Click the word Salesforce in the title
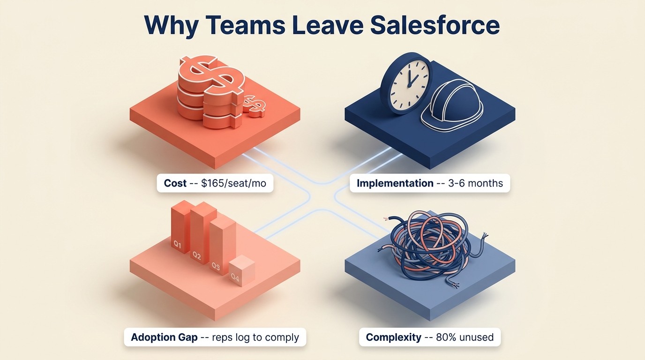(x=435, y=25)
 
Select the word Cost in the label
(x=175, y=183)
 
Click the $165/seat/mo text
(x=233, y=183)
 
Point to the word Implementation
(x=395, y=183)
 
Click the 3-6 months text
(x=473, y=183)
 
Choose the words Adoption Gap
(x=164, y=337)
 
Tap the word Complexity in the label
(x=393, y=337)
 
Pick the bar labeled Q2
(x=200, y=234)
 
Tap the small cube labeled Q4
(x=241, y=271)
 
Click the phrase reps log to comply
(x=255, y=337)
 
